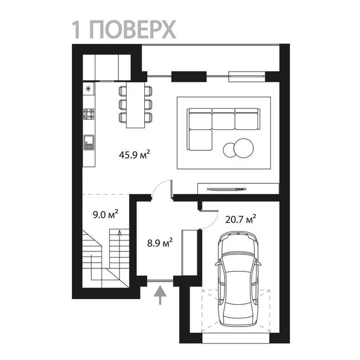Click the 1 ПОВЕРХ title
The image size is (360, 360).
click(124, 29)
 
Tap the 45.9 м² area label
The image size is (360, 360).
click(134, 155)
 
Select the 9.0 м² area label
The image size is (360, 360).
click(106, 214)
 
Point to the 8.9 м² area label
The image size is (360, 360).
click(160, 243)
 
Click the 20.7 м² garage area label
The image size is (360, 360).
click(241, 219)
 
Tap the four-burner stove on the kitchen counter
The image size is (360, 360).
click(89, 114)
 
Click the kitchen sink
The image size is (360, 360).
click(89, 142)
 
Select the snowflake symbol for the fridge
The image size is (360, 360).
click(89, 89)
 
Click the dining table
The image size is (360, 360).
click(135, 105)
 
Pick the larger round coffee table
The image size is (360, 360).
click(244, 148)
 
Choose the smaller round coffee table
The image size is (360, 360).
click(230, 150)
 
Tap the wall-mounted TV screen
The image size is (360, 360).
click(227, 189)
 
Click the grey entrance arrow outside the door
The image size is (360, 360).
click(160, 295)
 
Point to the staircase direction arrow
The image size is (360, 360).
click(119, 252)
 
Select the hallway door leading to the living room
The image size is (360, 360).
click(172, 189)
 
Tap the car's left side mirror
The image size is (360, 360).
click(217, 264)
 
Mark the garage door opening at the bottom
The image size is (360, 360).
click(236, 338)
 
